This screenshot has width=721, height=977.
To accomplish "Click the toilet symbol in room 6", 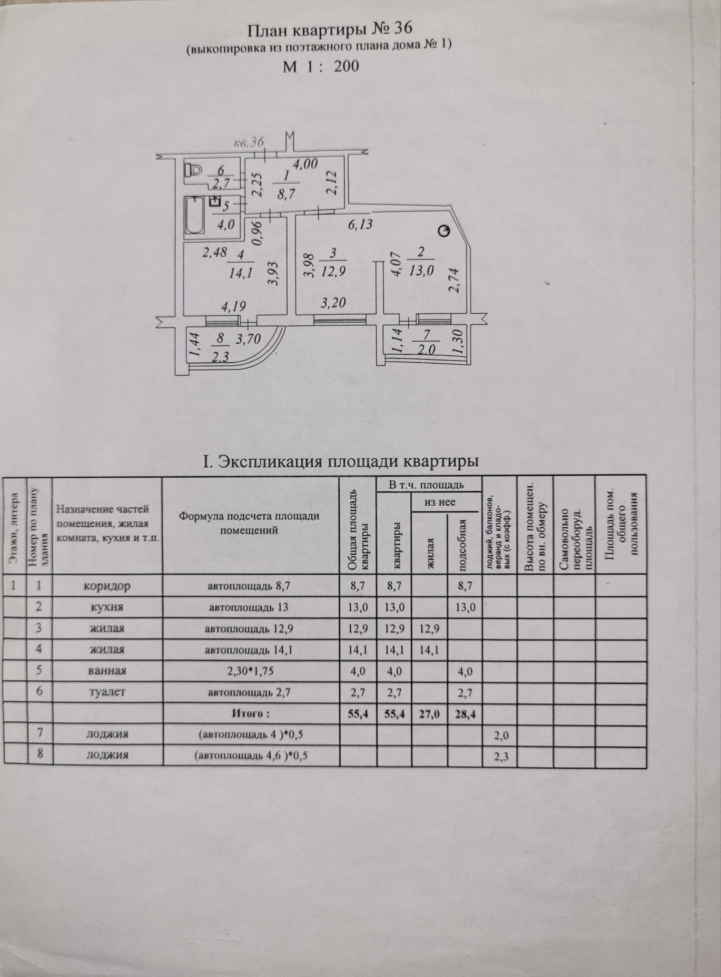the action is (193, 170).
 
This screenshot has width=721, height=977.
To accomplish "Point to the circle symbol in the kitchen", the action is (445, 231).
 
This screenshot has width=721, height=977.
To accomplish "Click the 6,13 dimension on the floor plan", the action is (360, 224).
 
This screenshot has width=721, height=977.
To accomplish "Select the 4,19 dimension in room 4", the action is (232, 306).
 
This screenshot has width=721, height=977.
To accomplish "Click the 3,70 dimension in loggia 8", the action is (248, 339).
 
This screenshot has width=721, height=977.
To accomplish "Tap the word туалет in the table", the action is (107, 692).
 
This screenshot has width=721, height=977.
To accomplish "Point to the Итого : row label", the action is (251, 713).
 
